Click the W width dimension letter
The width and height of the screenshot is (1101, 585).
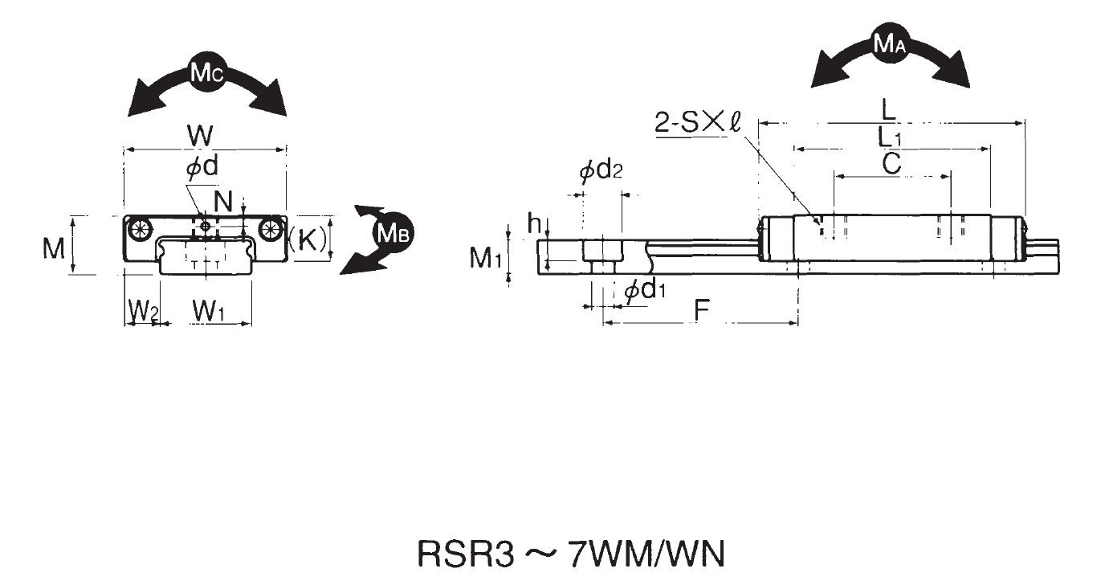pyautogui.click(x=201, y=135)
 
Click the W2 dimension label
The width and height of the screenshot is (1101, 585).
pyautogui.click(x=143, y=311)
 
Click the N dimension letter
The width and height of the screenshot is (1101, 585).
pyautogui.click(x=223, y=198)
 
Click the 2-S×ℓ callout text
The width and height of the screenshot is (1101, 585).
pyautogui.click(x=696, y=123)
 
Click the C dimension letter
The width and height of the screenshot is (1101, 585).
pyautogui.click(x=891, y=164)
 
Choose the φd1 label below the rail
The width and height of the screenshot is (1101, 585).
pyautogui.click(x=644, y=291)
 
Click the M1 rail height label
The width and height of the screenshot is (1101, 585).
pyautogui.click(x=486, y=258)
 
